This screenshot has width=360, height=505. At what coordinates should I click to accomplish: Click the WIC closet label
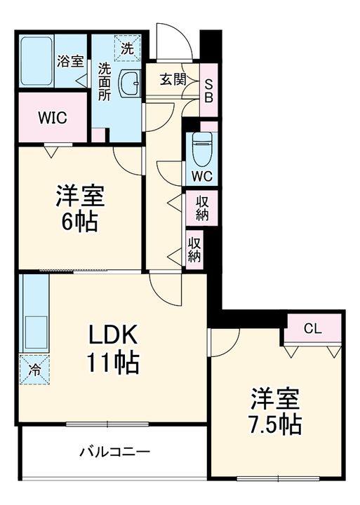coord(53,118)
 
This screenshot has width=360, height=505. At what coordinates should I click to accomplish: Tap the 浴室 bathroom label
coord(71,61)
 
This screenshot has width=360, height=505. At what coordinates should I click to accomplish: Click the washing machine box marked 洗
coord(127,48)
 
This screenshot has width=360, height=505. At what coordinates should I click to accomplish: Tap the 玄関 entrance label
coord(173,79)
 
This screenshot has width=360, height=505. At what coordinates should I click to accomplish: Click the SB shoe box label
coord(209,91)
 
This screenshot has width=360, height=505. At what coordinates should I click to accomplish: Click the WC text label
coord(202,176)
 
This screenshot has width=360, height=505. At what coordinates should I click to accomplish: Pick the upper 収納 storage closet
coord(202,208)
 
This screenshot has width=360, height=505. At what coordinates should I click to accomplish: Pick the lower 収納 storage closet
coord(194,250)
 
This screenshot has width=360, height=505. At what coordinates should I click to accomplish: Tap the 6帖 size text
coord(79,222)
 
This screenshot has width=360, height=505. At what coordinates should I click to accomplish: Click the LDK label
coord(113,335)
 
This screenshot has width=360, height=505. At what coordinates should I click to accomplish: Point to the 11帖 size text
coord(113,363)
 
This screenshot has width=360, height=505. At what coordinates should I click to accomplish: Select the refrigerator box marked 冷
coord(34,370)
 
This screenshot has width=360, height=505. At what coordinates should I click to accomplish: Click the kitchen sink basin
coord(36,333)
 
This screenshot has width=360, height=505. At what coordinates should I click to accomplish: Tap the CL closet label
coord(313,328)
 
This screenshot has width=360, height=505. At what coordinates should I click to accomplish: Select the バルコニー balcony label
coord(114,452)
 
